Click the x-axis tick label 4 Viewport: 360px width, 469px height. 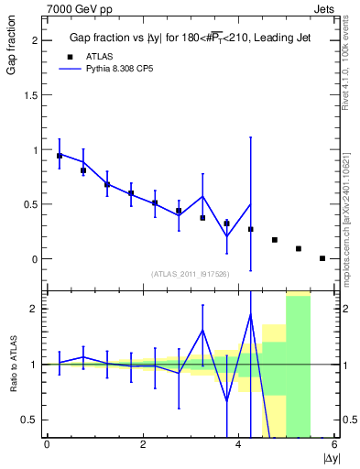(x=238, y=445)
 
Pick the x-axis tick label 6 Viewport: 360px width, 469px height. (x=334, y=445)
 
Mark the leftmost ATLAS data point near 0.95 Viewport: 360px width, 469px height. (x=60, y=156)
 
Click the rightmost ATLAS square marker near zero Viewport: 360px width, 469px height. (x=322, y=258)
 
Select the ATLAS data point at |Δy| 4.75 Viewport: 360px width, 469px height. (x=275, y=240)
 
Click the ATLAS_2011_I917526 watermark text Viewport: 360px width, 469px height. (x=191, y=274)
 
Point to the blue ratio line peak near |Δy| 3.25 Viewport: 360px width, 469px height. (x=202, y=330)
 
